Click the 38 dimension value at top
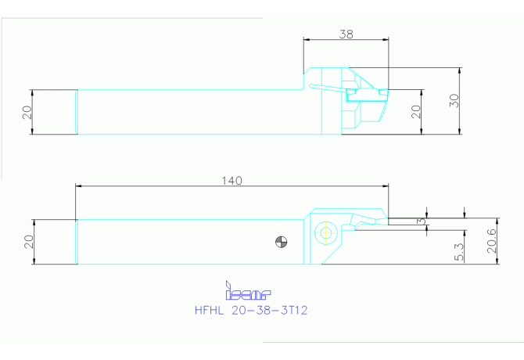(346, 34)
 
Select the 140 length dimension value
(232, 181)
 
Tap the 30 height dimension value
(454, 101)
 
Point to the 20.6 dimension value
(492, 241)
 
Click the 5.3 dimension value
(460, 252)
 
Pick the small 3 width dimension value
(422, 221)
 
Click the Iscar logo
(248, 290)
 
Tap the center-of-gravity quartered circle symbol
(281, 242)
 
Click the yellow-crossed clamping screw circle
(325, 232)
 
